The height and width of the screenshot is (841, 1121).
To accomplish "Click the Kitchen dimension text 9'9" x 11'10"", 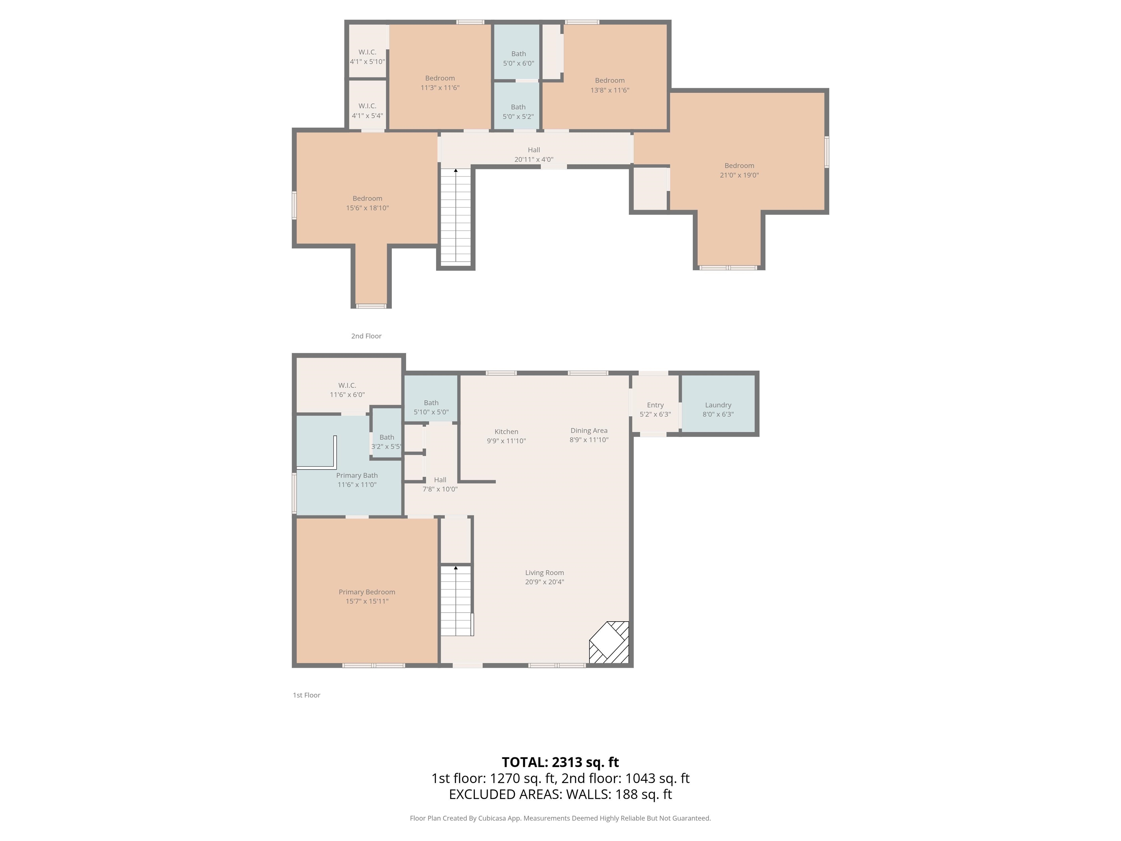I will pyautogui.click(x=506, y=441).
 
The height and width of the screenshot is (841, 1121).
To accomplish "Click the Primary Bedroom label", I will pyautogui.click(x=367, y=592).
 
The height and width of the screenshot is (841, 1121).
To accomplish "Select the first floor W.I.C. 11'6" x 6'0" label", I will pyautogui.click(x=347, y=390).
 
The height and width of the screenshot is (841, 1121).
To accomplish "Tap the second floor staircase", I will pyautogui.click(x=456, y=218).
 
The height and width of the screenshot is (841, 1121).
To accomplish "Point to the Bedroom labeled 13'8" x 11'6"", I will pyautogui.click(x=610, y=85).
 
